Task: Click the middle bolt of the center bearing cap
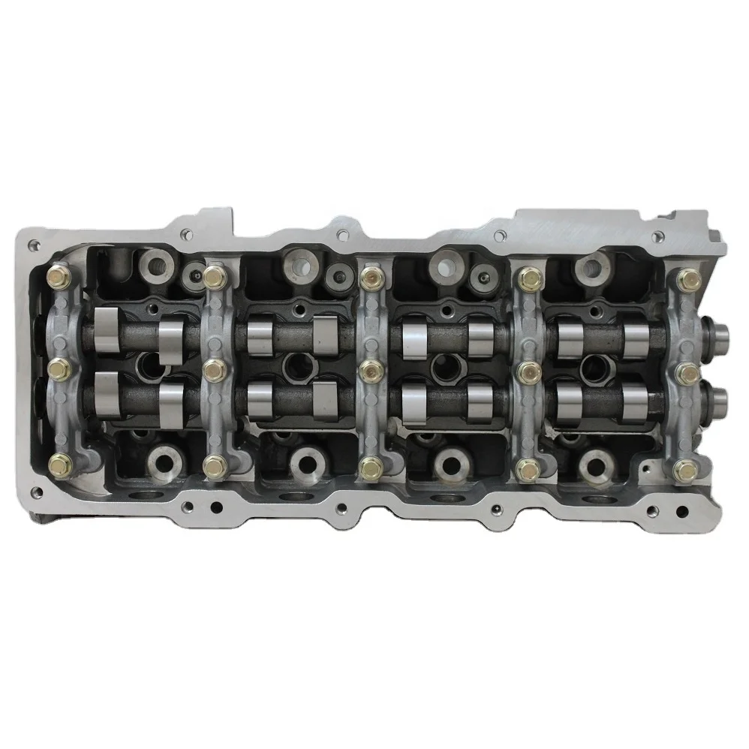(x=368, y=368)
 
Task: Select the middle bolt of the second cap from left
(x=214, y=368)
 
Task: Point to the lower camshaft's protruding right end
(x=717, y=396)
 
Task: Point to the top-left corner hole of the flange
(x=33, y=245)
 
